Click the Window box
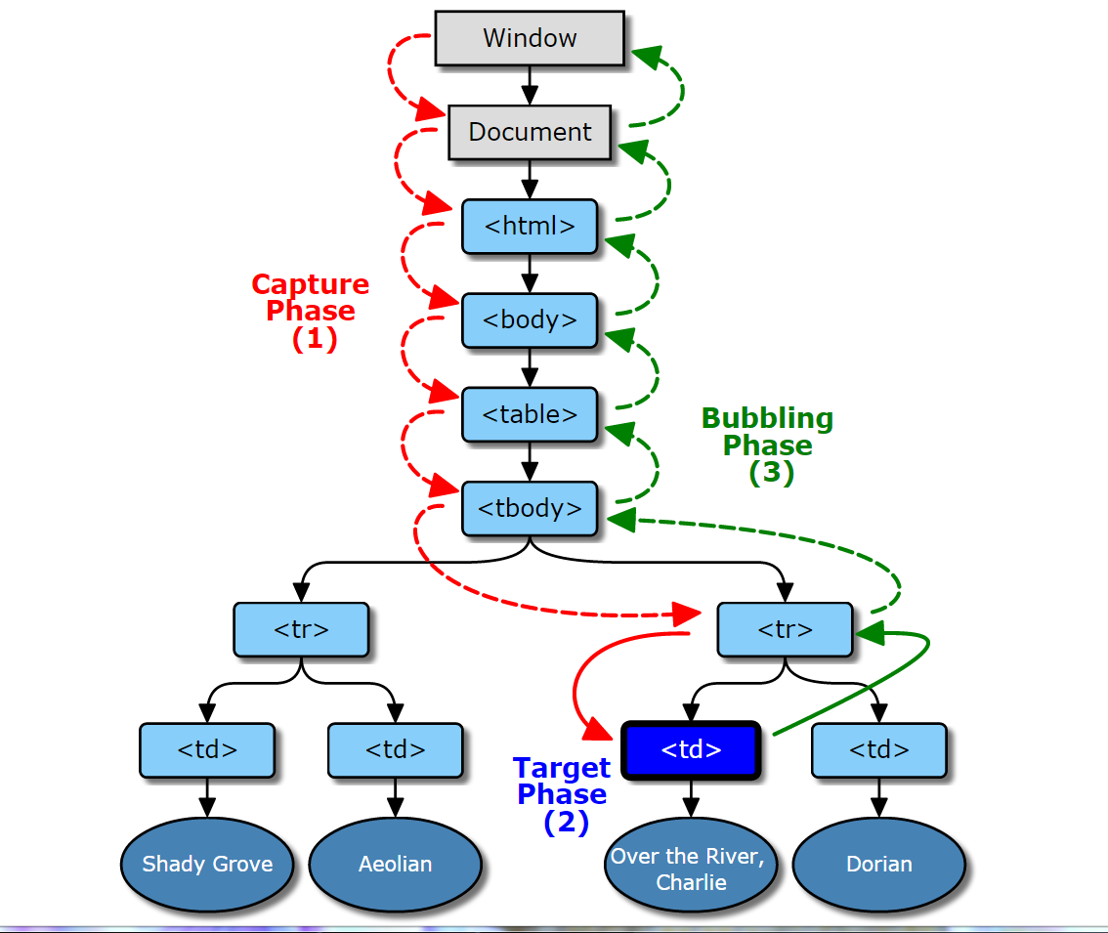[530, 38]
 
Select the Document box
[530, 132]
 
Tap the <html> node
[530, 227]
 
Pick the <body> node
[530, 320]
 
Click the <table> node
[530, 414]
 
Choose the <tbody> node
[530, 508]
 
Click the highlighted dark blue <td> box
[691, 750]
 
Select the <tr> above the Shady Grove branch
[301, 629]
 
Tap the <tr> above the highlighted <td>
[786, 629]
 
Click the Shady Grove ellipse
[207, 864]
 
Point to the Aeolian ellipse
[395, 864]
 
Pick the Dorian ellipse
[879, 864]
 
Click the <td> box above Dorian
[879, 750]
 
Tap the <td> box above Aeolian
[395, 750]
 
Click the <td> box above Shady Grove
[207, 750]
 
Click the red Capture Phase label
[311, 311]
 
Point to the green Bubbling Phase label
[768, 445]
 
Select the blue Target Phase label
[563, 794]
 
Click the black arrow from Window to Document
[530, 86]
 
